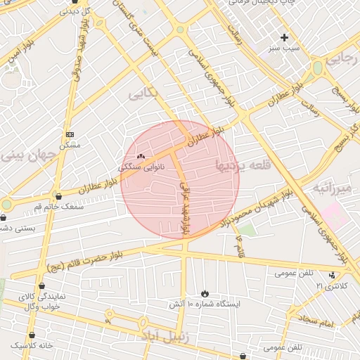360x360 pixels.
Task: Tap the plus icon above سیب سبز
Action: click(x=284, y=37)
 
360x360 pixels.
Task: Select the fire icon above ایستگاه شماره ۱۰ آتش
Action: click(x=205, y=292)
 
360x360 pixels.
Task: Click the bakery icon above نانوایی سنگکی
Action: click(x=141, y=155)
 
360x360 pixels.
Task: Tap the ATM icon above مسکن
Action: click(x=70, y=134)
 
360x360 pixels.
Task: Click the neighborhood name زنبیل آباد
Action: click(x=165, y=336)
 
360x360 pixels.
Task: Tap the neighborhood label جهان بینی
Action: click(x=28, y=156)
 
